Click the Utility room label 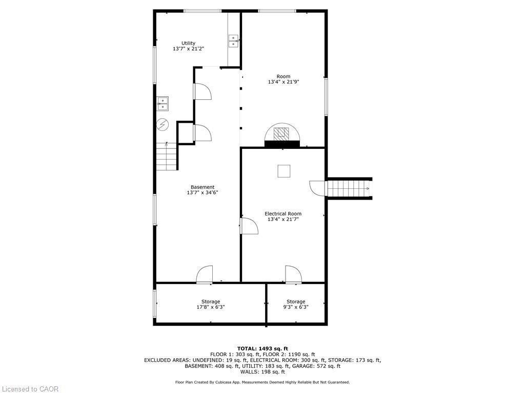pyautogui.click(x=188, y=43)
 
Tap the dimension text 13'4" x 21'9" pyautogui.click(x=282, y=82)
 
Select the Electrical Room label pyautogui.click(x=282, y=213)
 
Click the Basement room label pyautogui.click(x=203, y=187)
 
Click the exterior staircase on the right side pyautogui.click(x=349, y=188)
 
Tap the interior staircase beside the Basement pyautogui.click(x=167, y=157)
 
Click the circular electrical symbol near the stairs pyautogui.click(x=163, y=124)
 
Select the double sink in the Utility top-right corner pyautogui.click(x=234, y=41)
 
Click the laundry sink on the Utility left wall pyautogui.click(x=163, y=104)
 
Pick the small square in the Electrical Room pyautogui.click(x=284, y=171)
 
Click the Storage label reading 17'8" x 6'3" pyautogui.click(x=210, y=304)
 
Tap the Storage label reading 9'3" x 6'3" pyautogui.click(x=296, y=304)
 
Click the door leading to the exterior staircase pyautogui.click(x=318, y=188)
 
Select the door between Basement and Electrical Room pyautogui.click(x=248, y=226)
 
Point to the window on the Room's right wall pyautogui.click(x=326, y=96)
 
